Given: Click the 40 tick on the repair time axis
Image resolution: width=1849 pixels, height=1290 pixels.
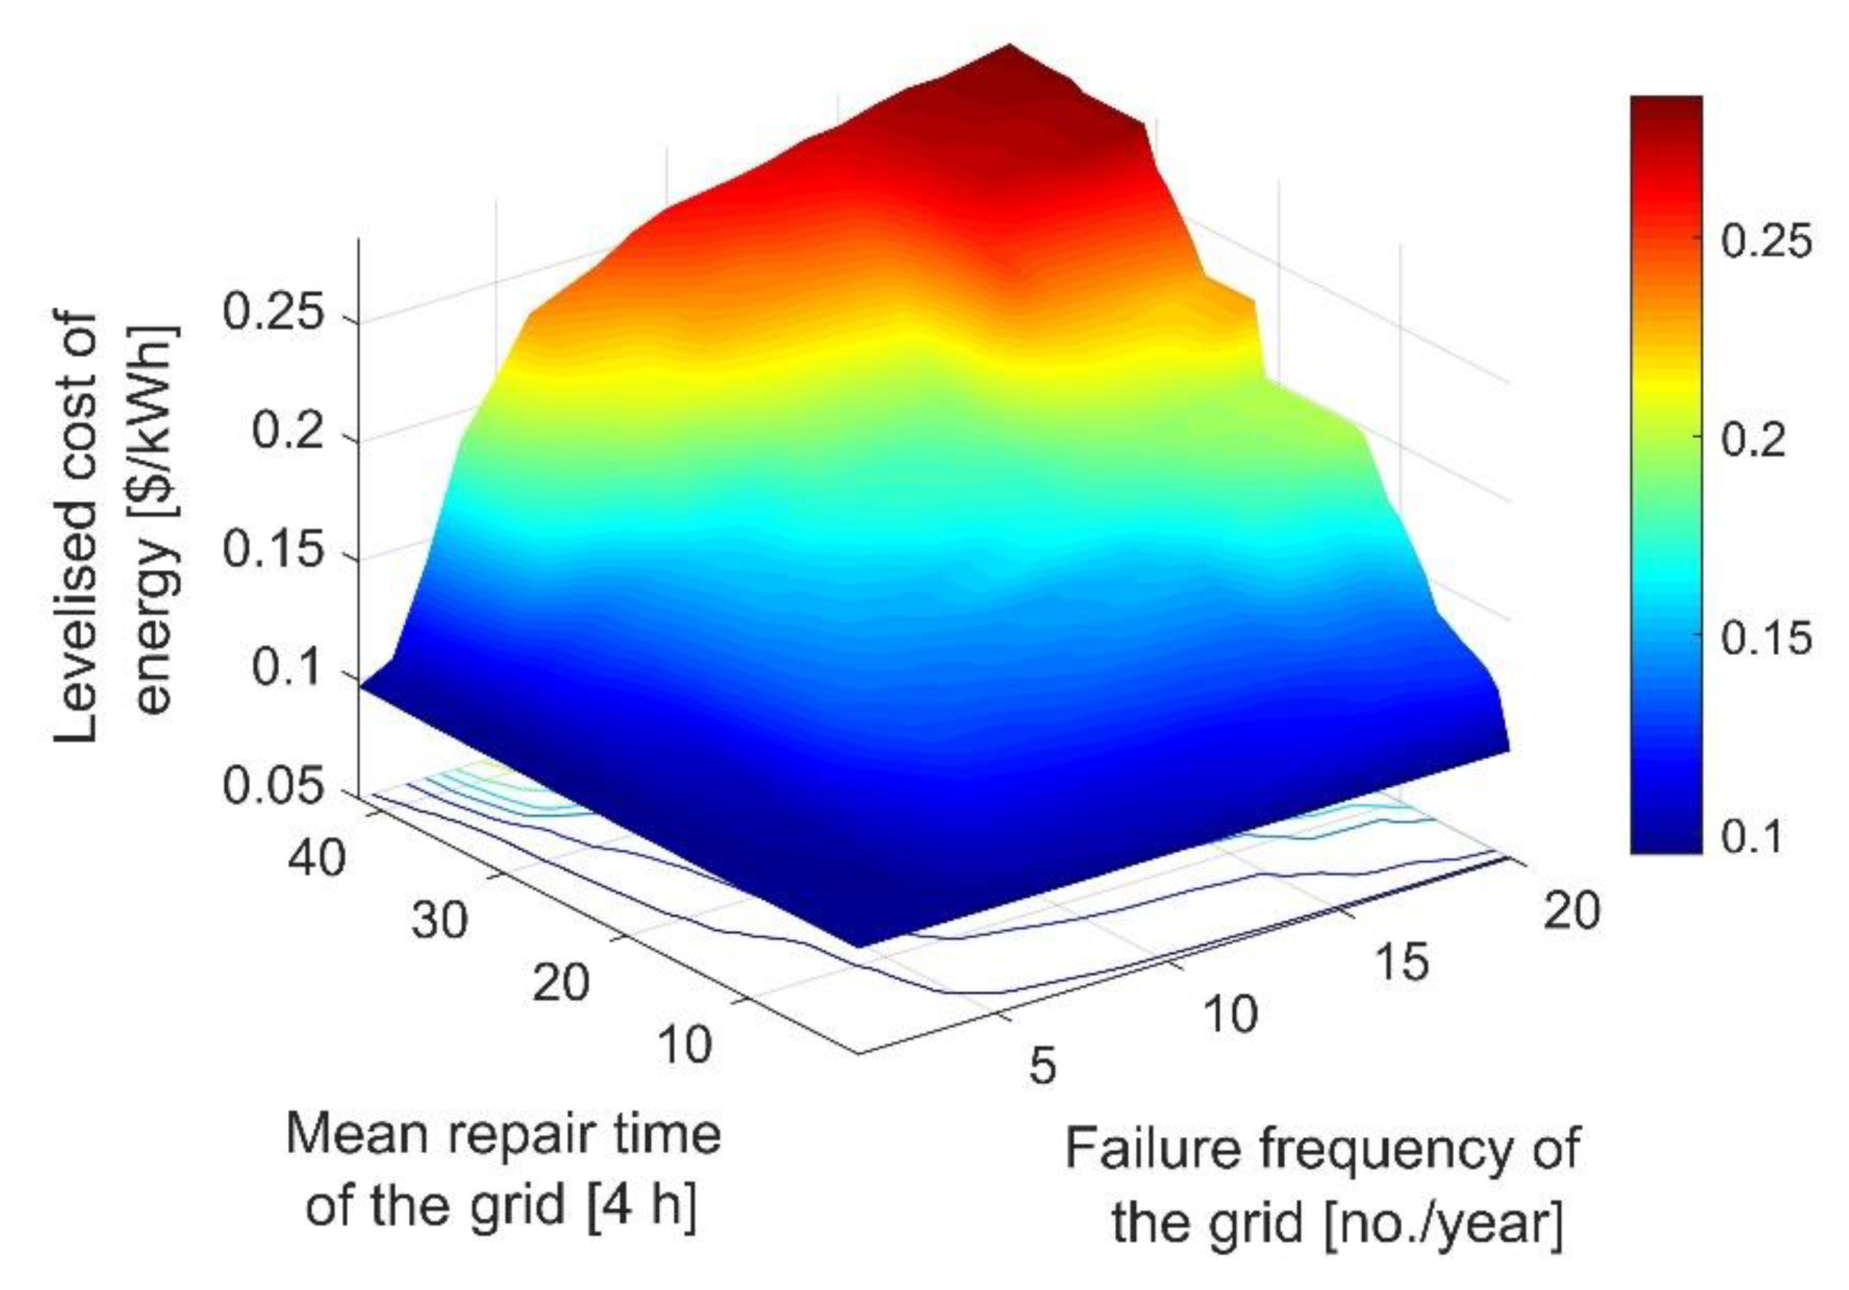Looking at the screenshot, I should point(316,859).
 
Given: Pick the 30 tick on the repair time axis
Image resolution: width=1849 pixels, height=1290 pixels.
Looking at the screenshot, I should point(439,920).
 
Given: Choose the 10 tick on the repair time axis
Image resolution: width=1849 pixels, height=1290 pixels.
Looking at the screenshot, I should point(685,1045).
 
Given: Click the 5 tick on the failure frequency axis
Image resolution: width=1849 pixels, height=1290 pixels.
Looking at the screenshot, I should point(1041,1065).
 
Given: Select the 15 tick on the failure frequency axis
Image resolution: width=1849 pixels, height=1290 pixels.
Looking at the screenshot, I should point(1402,961).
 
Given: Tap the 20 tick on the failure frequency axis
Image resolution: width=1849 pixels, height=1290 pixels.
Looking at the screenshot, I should point(1572,912).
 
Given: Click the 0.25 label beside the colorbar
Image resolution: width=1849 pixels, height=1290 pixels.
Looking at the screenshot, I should point(1766,239).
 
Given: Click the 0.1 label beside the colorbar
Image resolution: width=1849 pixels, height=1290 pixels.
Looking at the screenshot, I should point(1753,837).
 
